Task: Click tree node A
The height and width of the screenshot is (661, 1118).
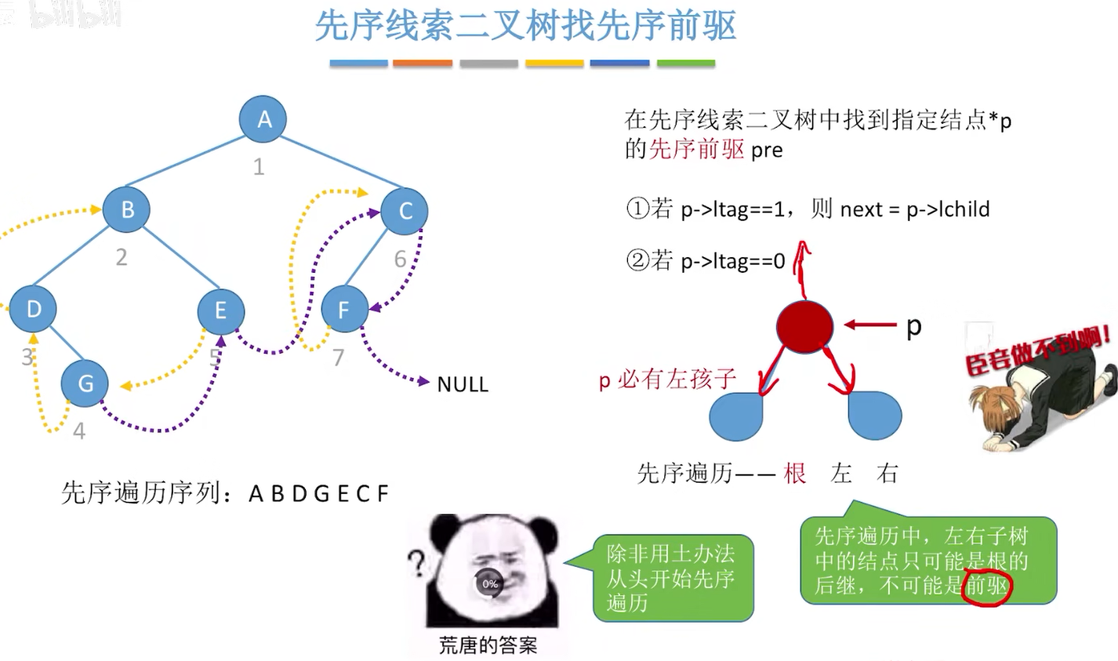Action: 263,119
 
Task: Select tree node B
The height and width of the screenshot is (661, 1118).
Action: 126,209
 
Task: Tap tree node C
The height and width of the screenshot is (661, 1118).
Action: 405,210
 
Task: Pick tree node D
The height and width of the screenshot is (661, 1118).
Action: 33,308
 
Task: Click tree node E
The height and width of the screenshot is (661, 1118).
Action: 220,310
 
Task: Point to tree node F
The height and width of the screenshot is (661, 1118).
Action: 344,309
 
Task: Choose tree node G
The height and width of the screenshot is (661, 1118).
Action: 85,383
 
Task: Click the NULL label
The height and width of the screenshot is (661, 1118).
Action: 462,384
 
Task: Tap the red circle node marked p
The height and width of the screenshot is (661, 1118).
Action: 804,325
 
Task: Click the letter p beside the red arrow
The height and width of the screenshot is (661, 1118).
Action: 913,325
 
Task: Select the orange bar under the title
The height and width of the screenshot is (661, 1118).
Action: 423,64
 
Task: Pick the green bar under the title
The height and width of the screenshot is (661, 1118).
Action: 686,64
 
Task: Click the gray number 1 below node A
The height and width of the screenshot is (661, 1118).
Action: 259,166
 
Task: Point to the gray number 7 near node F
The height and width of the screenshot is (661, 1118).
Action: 338,357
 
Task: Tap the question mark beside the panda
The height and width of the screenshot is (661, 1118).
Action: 417,562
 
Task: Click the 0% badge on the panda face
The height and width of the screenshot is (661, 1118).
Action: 490,583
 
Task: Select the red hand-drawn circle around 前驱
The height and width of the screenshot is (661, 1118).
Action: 987,587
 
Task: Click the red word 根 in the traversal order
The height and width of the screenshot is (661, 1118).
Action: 794,473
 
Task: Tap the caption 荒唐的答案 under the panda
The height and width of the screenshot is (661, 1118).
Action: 488,645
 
